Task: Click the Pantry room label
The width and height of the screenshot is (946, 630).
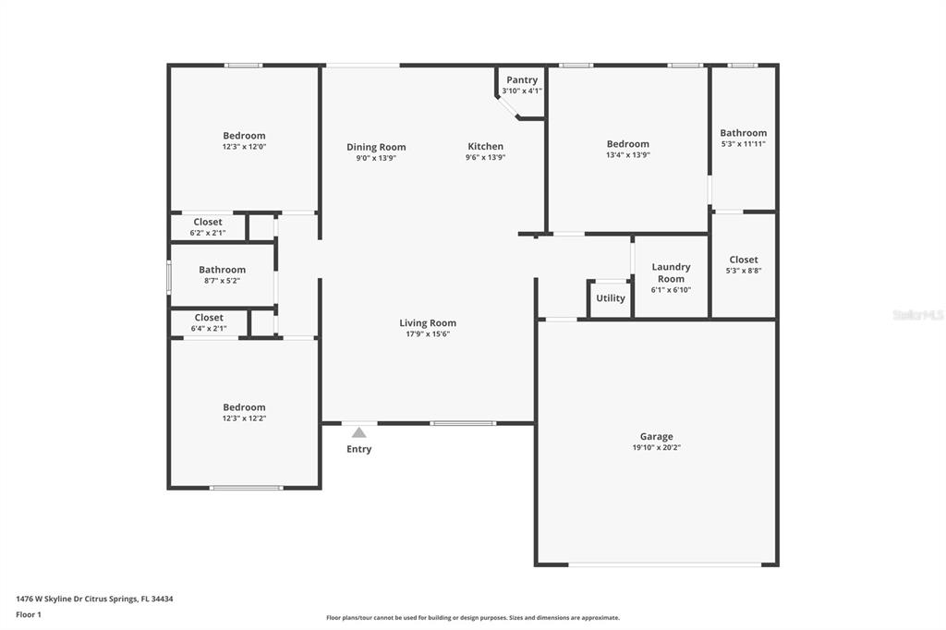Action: click(522, 79)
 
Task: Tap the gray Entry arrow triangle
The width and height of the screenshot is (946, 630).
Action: click(359, 432)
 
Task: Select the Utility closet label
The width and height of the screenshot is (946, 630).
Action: click(611, 298)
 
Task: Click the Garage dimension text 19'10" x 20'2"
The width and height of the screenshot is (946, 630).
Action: click(657, 448)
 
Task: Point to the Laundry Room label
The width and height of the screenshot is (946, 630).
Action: click(671, 273)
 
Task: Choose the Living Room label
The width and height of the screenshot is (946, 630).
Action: click(428, 322)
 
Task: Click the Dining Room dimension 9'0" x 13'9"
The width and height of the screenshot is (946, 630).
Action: click(376, 158)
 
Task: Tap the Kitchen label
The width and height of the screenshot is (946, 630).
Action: click(486, 146)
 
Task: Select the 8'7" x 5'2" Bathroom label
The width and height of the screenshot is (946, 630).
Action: click(222, 270)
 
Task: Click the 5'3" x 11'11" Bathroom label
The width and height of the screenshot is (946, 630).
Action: click(744, 133)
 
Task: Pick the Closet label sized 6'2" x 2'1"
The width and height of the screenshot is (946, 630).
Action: click(208, 222)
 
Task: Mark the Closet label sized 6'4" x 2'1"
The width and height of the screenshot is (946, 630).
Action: click(209, 318)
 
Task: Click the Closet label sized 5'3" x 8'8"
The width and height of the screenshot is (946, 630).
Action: click(744, 260)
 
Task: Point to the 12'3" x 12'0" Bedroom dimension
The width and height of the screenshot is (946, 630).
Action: click(244, 147)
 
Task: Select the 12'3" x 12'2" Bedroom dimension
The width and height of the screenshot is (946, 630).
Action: click(244, 418)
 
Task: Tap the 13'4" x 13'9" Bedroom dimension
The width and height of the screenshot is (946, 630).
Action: click(628, 155)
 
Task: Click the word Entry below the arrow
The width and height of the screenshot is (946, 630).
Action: click(359, 449)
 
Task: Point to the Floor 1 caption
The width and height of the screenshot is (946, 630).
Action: click(29, 615)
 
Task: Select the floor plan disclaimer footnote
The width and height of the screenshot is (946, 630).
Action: click(473, 618)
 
